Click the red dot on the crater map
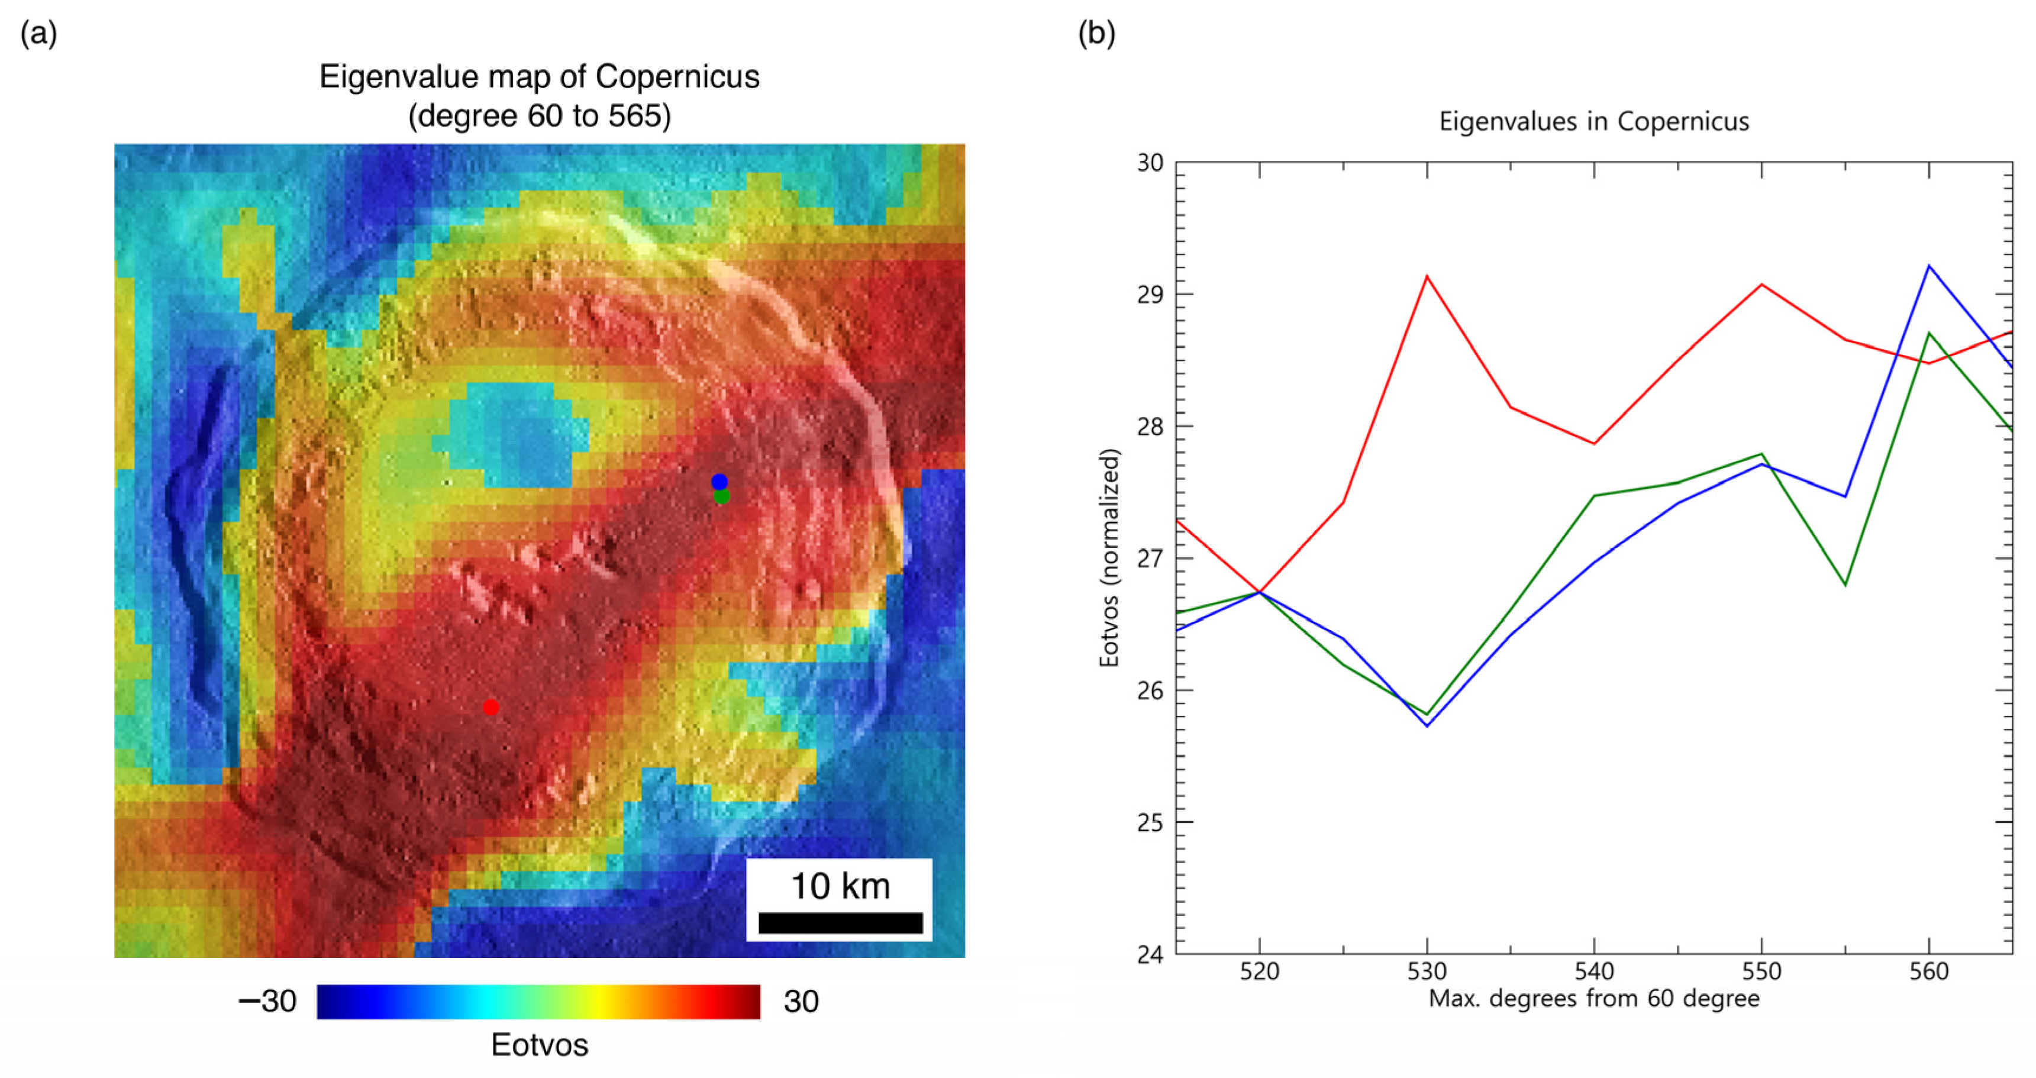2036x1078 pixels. [x=491, y=708]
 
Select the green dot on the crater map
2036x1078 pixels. [x=722, y=497]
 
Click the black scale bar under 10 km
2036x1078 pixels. [x=840, y=923]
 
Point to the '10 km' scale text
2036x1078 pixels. [x=840, y=886]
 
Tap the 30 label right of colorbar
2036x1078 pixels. [x=801, y=1001]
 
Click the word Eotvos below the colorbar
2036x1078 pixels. [x=539, y=1045]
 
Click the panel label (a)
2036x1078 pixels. [x=38, y=33]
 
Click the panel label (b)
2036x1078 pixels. [x=1096, y=33]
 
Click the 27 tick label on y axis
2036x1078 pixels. [x=1150, y=559]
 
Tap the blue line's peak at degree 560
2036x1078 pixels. [x=1928, y=266]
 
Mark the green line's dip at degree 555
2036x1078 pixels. [x=1845, y=585]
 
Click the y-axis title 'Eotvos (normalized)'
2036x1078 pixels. [x=1109, y=557]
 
